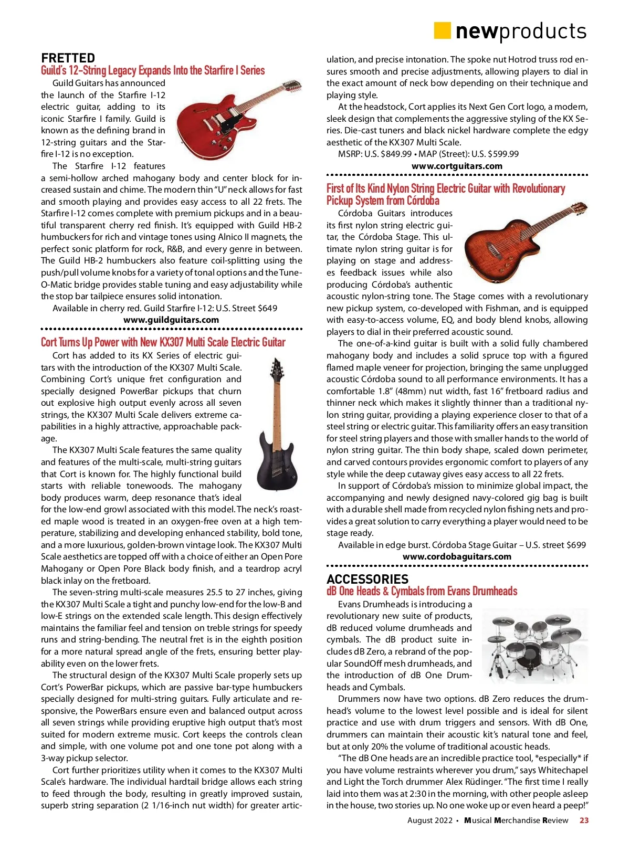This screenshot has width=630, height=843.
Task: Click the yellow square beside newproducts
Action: tap(442, 31)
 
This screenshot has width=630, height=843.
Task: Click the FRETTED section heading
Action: tap(68, 58)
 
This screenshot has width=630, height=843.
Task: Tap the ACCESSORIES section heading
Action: tap(367, 579)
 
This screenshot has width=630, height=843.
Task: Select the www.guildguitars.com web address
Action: tap(171, 320)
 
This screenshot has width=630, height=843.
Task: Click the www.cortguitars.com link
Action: tap(457, 166)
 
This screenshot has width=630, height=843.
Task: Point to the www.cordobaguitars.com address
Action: tap(457, 556)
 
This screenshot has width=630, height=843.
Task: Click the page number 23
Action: tap(584, 820)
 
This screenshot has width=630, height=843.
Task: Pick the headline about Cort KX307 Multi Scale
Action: tap(163, 342)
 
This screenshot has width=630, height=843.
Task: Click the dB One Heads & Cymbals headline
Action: tap(422, 591)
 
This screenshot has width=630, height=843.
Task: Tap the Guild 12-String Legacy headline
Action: tap(153, 70)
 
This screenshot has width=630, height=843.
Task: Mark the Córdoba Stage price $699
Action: tap(576, 545)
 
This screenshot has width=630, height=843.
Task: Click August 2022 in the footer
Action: tap(429, 820)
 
